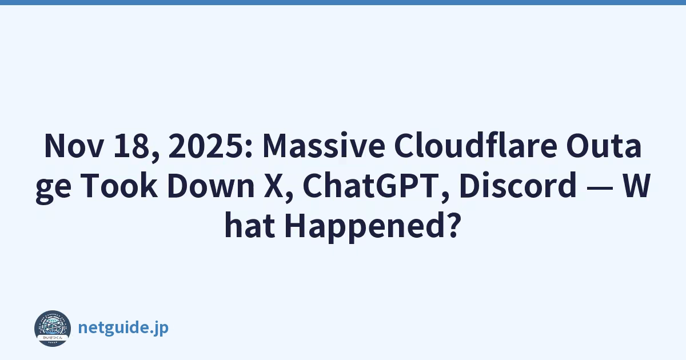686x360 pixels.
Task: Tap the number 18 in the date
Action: click(x=137, y=146)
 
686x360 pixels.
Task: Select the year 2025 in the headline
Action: click(x=207, y=146)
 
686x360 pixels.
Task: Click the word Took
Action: click(x=119, y=186)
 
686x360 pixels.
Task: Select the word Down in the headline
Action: click(x=211, y=186)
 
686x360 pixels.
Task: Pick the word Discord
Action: click(x=517, y=185)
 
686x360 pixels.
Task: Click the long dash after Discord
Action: click(x=599, y=188)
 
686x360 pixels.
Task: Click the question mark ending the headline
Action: click(x=452, y=225)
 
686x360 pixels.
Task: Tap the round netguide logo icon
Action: click(x=53, y=329)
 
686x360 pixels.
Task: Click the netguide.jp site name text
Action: click(x=123, y=327)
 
